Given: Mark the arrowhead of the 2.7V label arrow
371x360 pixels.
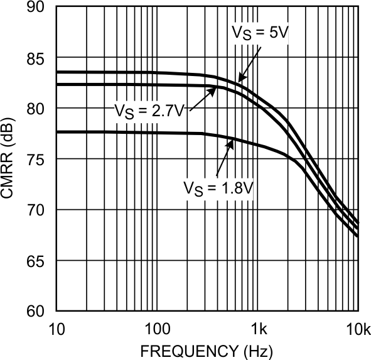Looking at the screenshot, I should pyautogui.click(x=213, y=90).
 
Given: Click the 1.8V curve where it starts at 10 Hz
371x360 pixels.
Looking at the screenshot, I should pyautogui.click(x=58, y=132).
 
